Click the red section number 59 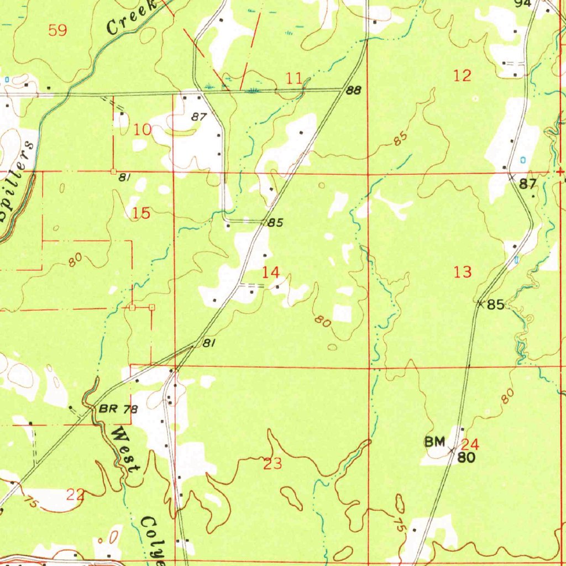(x=57, y=30)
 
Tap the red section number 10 (x=143, y=130)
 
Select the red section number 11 (x=294, y=78)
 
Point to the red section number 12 (x=462, y=76)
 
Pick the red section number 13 (x=463, y=271)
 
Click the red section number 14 (x=271, y=272)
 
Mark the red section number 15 (x=141, y=213)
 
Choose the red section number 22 (x=76, y=495)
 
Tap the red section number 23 (x=273, y=464)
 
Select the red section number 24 (x=470, y=444)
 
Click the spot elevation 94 (x=522, y=3)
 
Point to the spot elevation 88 (x=354, y=91)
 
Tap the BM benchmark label (x=434, y=442)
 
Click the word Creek (x=128, y=18)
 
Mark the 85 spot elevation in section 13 (x=496, y=305)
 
